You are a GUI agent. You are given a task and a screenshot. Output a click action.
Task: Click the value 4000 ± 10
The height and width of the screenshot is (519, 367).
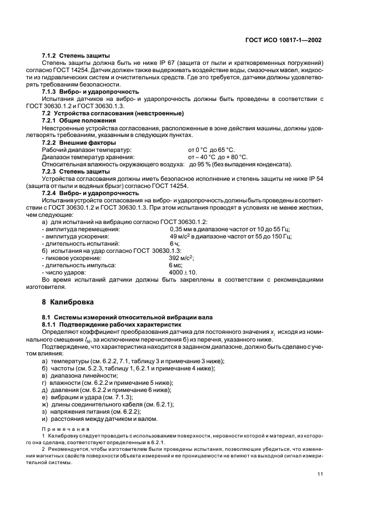183,272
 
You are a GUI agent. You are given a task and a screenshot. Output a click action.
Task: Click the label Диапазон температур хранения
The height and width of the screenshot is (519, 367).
89,157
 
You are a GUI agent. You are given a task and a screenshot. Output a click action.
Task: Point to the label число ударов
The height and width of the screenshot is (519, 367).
64,272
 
